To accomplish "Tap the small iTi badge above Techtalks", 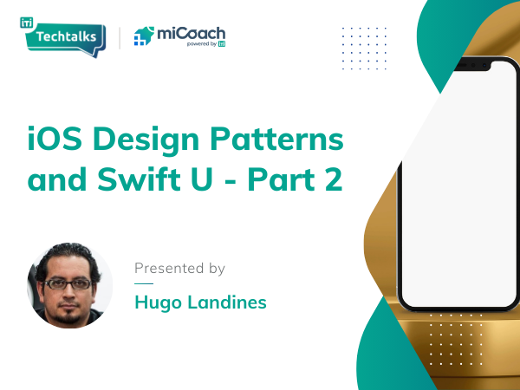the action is click(27, 23).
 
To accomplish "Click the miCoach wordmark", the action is click(191, 34).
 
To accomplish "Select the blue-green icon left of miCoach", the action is click(144, 36).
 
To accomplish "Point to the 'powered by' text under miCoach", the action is click(202, 44).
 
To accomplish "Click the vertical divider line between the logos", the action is click(120, 38).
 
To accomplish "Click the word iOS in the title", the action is click(55, 139).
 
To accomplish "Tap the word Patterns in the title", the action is click(276, 139).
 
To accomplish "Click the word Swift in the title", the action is click(139, 179).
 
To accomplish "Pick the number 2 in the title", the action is click(334, 179).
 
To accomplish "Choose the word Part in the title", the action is click(281, 179).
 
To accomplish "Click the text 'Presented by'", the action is click(179, 269).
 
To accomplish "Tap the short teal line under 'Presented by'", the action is click(144, 284).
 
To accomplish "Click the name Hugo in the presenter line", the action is click(158, 303).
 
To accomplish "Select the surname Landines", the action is click(227, 302).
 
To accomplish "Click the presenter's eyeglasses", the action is click(68, 284).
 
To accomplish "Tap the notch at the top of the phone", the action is click(472, 66).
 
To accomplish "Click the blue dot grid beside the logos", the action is click(364, 49).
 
